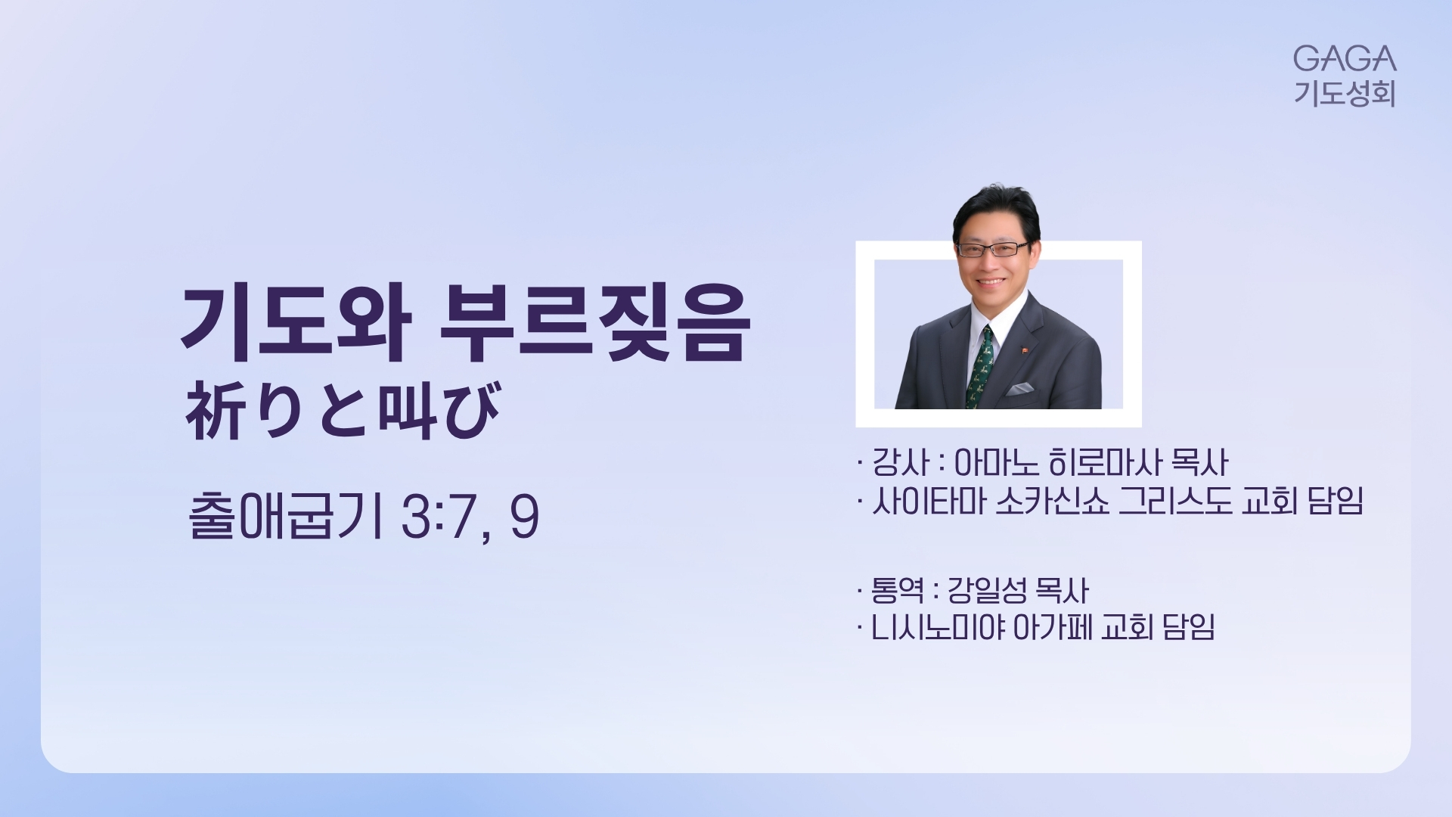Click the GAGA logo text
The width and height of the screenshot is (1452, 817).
point(1344,58)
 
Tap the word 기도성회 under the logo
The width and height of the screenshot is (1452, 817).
point(1344,93)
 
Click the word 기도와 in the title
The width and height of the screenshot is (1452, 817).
point(296,324)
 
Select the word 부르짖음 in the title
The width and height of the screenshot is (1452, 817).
point(594,324)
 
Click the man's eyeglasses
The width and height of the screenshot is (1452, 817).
point(993,249)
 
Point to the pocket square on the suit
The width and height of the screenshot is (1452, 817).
point(1020,389)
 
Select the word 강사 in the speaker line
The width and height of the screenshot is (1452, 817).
point(900,461)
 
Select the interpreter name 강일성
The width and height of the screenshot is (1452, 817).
point(985,590)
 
